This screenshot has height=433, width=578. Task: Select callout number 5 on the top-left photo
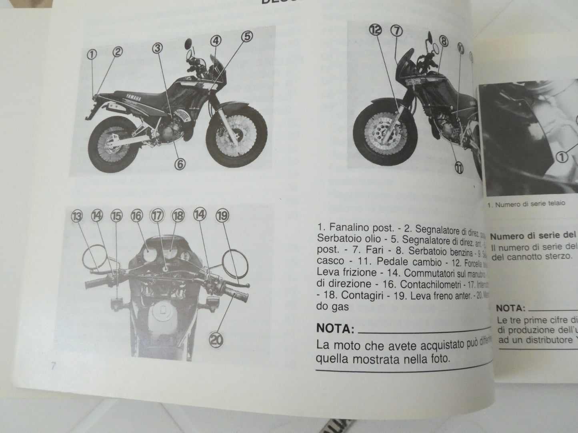pos(247,36)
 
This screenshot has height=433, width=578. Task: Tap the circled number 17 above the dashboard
pos(157,216)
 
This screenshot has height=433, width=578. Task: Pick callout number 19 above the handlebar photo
pos(222,216)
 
